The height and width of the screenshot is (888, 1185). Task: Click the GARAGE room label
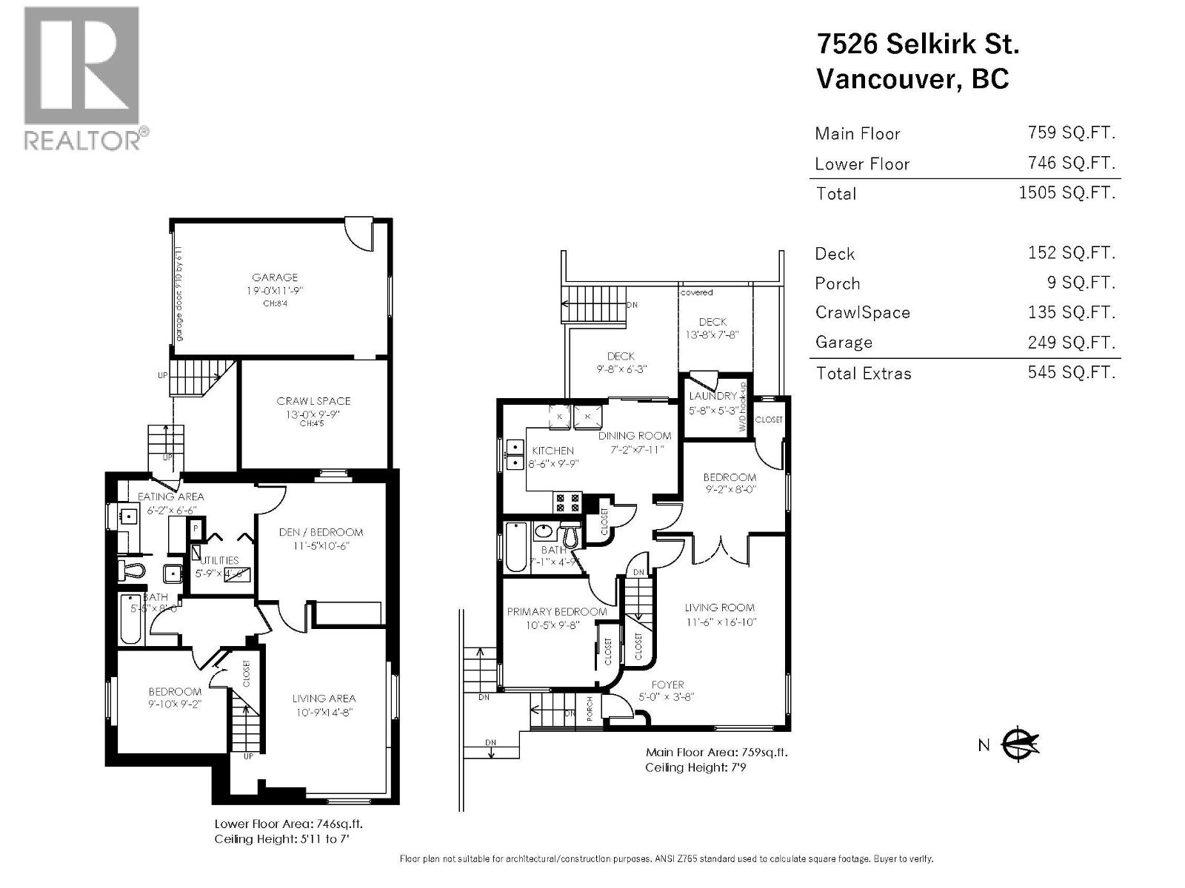[275, 277]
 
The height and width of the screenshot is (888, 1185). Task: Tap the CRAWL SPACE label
[313, 401]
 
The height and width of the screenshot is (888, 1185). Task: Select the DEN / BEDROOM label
[321, 532]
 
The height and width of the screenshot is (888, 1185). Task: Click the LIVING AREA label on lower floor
[324, 698]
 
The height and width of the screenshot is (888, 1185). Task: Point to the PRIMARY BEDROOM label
[556, 611]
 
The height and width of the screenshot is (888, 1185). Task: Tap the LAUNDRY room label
[712, 396]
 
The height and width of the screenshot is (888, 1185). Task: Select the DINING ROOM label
[635, 436]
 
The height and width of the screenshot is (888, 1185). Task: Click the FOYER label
[667, 684]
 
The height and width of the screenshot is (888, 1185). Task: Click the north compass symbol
[1020, 744]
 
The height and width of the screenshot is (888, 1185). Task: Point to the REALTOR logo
[81, 78]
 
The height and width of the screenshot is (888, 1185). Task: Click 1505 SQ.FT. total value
[1066, 193]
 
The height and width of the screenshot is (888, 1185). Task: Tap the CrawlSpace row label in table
[862, 312]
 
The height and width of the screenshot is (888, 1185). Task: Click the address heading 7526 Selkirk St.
[918, 44]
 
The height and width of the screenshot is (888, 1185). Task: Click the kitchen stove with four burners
[567, 503]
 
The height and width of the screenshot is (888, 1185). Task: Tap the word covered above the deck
[696, 292]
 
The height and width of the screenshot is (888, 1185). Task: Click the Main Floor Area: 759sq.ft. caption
[716, 752]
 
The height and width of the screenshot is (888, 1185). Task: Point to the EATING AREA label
[170, 497]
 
